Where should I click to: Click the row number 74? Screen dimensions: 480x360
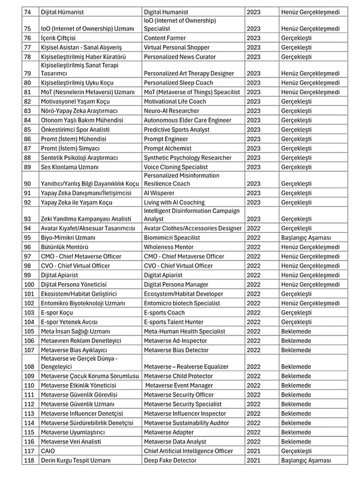(27, 11)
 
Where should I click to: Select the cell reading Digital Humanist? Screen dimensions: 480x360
(166, 11)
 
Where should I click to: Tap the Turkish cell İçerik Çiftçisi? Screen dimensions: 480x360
(58, 38)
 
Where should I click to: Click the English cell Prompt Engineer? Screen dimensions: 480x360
(166, 139)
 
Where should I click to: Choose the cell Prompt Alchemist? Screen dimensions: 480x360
(167, 148)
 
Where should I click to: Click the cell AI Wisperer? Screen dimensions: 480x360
(160, 193)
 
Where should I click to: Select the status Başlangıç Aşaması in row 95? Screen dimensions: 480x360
(306, 238)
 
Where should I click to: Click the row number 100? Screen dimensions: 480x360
(28, 284)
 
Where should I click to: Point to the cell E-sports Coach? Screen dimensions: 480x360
(164, 312)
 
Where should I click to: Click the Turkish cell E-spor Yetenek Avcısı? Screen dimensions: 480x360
(70, 322)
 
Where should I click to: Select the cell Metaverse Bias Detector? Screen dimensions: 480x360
(176, 350)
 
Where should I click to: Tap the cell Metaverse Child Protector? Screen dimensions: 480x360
(178, 376)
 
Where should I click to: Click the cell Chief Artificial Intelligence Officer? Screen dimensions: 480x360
(188, 451)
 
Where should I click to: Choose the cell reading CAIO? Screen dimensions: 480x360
(47, 451)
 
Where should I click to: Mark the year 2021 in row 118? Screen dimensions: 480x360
(253, 460)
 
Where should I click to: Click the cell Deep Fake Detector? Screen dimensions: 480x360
(170, 460)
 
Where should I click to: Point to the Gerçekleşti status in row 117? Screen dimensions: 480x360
(296, 451)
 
